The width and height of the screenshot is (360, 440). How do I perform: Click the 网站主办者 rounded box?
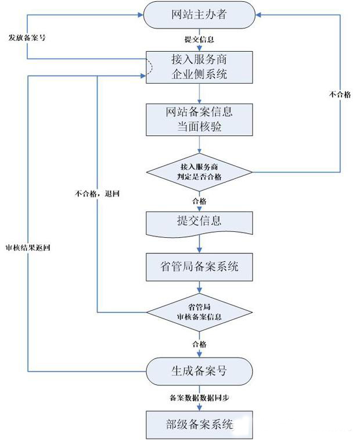tap(199, 15)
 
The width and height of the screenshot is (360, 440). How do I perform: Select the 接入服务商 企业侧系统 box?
tap(199, 67)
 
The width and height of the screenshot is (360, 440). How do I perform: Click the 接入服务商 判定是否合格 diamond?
tap(199, 171)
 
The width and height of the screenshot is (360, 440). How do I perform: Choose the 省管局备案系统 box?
tap(199, 267)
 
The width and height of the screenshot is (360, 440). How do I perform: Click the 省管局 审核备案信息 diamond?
tap(199, 313)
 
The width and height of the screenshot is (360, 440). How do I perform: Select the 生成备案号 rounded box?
tap(199, 370)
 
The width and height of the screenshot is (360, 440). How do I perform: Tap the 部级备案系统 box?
tap(199, 424)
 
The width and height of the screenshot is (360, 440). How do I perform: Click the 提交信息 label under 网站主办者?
tap(199, 40)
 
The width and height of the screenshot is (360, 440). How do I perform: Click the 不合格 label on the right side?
tap(340, 94)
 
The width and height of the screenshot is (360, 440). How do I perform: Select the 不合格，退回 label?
tap(98, 193)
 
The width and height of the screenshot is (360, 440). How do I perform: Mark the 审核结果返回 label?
tap(27, 246)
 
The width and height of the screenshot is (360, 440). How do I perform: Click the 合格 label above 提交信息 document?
tap(199, 201)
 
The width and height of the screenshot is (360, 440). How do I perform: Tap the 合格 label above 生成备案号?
tap(199, 344)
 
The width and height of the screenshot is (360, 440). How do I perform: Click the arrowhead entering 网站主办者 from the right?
tap(257, 15)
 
